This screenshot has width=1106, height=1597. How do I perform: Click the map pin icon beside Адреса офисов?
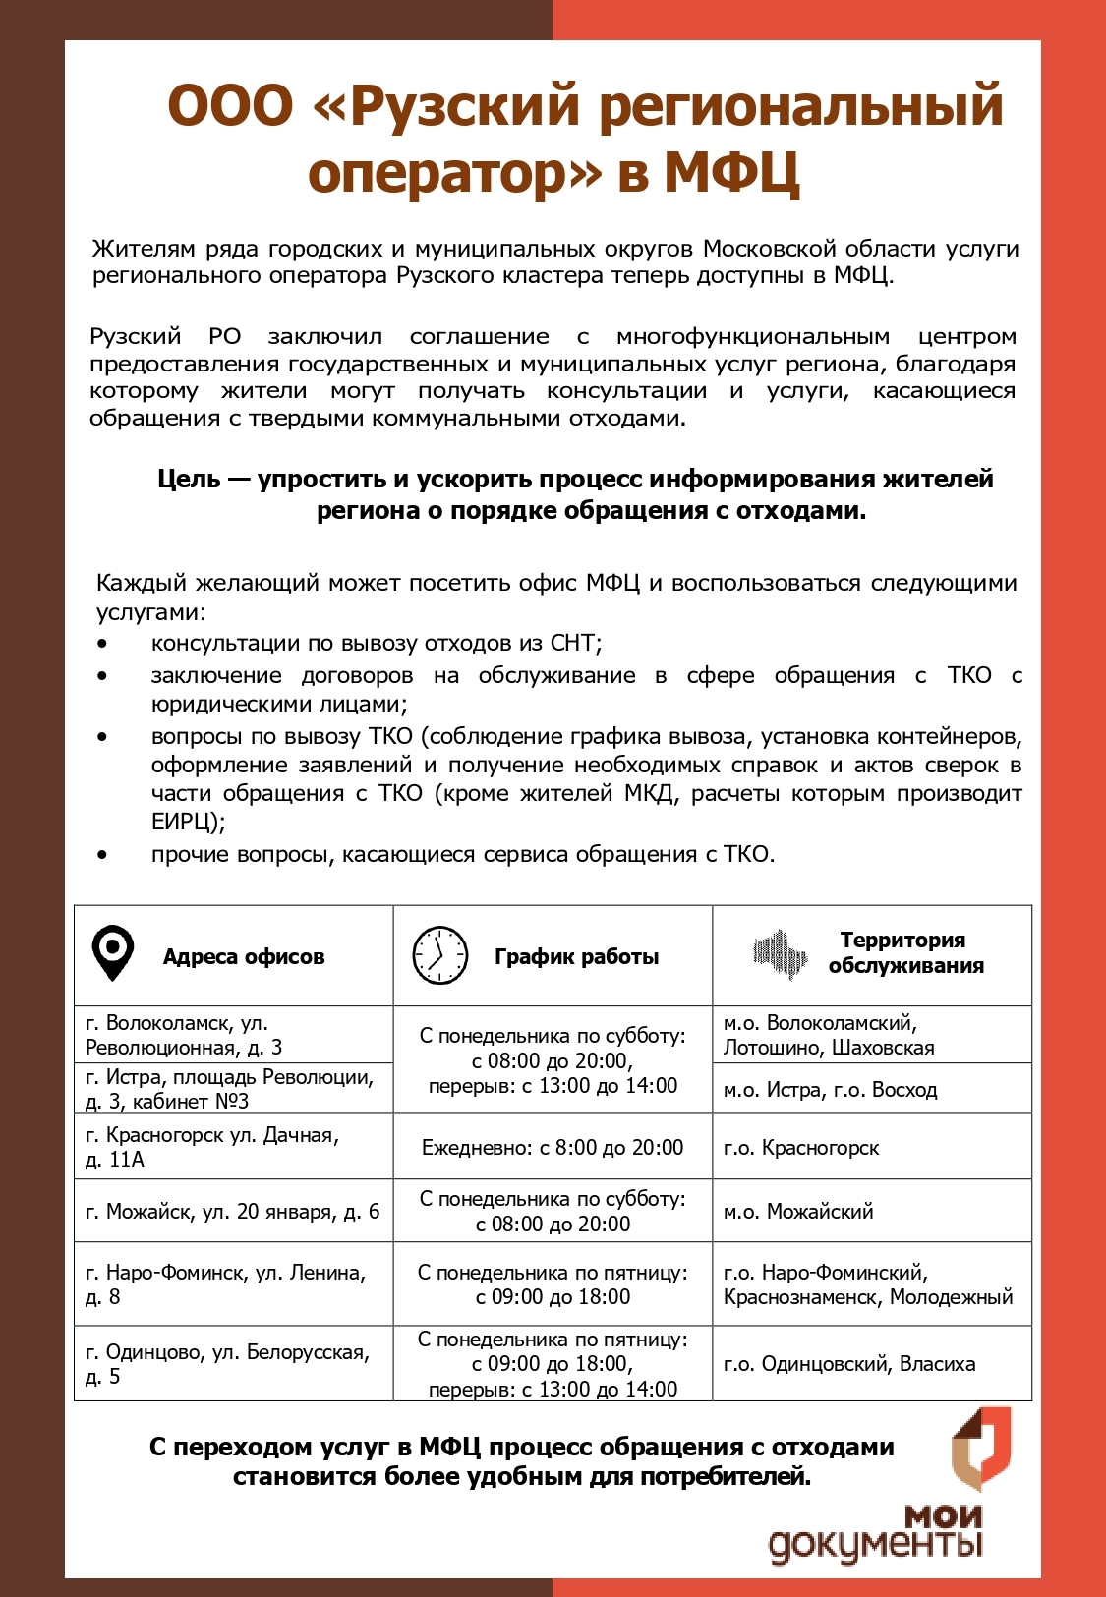coord(112,953)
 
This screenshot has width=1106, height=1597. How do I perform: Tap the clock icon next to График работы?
coord(439,955)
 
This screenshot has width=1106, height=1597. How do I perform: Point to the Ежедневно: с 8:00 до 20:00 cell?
coord(553,1148)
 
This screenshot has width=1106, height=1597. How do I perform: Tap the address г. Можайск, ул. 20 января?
coord(232,1212)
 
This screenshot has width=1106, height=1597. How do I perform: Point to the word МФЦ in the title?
coord(731,172)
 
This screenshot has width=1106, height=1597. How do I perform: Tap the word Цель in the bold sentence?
coord(189,480)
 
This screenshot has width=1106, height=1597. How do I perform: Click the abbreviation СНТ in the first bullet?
coord(572,644)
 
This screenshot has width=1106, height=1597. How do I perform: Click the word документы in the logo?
coord(875,1545)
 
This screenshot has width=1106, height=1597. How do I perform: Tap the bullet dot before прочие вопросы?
coord(102,855)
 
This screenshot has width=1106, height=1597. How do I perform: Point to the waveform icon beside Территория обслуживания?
coord(781,953)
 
